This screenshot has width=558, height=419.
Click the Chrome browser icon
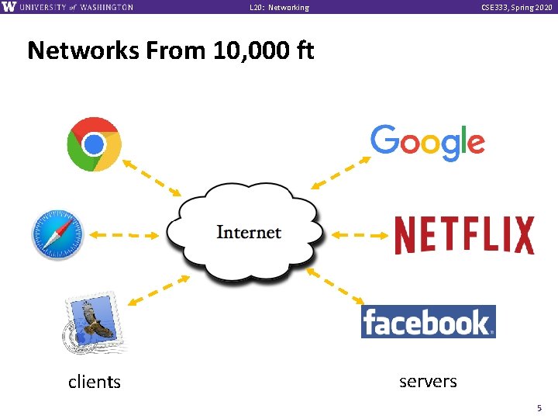tap(94, 144)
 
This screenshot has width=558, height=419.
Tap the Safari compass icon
tap(57, 234)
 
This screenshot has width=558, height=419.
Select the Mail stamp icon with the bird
tap(92, 320)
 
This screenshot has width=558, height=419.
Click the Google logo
tap(427, 144)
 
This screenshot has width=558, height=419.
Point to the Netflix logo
tap(463, 235)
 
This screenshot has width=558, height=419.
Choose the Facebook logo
tap(428, 321)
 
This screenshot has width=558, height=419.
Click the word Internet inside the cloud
tap(248, 232)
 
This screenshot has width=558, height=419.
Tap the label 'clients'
tap(95, 382)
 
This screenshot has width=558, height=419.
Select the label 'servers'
tap(428, 381)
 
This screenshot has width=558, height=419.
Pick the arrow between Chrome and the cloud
tap(151, 177)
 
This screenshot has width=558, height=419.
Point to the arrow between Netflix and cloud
tap(358, 234)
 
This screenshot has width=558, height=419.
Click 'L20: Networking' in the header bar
tap(279, 7)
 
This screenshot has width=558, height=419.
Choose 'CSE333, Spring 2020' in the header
tap(516, 7)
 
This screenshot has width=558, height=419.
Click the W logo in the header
tap(9, 7)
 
